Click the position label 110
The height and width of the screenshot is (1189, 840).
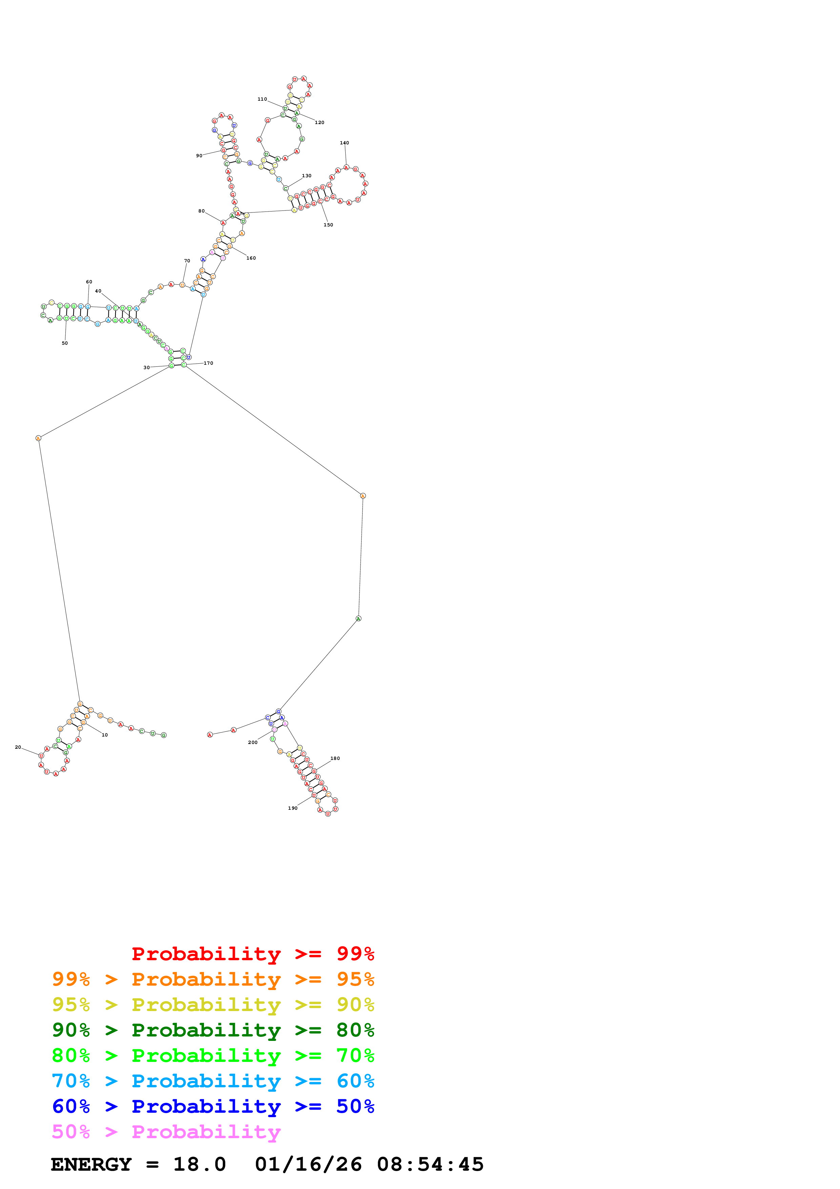(262, 99)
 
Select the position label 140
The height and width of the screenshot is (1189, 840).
(344, 143)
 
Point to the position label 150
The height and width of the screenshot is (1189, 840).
(328, 225)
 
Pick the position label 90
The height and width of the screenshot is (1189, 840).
(199, 155)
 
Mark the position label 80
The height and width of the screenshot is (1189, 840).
(201, 211)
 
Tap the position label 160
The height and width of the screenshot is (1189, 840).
(251, 258)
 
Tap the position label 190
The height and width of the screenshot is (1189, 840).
(293, 808)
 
